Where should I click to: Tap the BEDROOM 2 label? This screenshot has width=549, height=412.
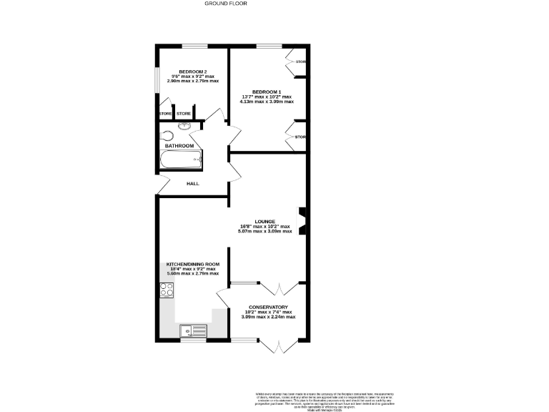click(x=192, y=71)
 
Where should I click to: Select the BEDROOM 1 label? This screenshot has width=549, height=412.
click(x=266, y=92)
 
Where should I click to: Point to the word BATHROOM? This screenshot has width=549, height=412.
click(x=179, y=146)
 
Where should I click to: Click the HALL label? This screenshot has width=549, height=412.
click(x=192, y=184)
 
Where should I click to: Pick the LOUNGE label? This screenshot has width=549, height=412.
click(x=265, y=222)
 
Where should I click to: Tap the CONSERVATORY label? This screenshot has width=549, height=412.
click(x=268, y=307)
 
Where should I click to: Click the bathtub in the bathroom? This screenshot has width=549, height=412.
click(x=181, y=160)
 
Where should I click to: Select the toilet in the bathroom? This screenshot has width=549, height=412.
click(x=167, y=135)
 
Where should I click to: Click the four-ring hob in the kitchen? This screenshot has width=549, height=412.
click(x=167, y=290)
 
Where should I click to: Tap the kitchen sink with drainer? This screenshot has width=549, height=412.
click(x=191, y=330)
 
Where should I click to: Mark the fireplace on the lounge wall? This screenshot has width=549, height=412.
click(x=303, y=221)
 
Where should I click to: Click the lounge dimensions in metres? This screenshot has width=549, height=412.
click(x=265, y=232)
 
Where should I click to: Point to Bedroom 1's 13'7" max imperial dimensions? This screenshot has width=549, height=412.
click(x=266, y=97)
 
